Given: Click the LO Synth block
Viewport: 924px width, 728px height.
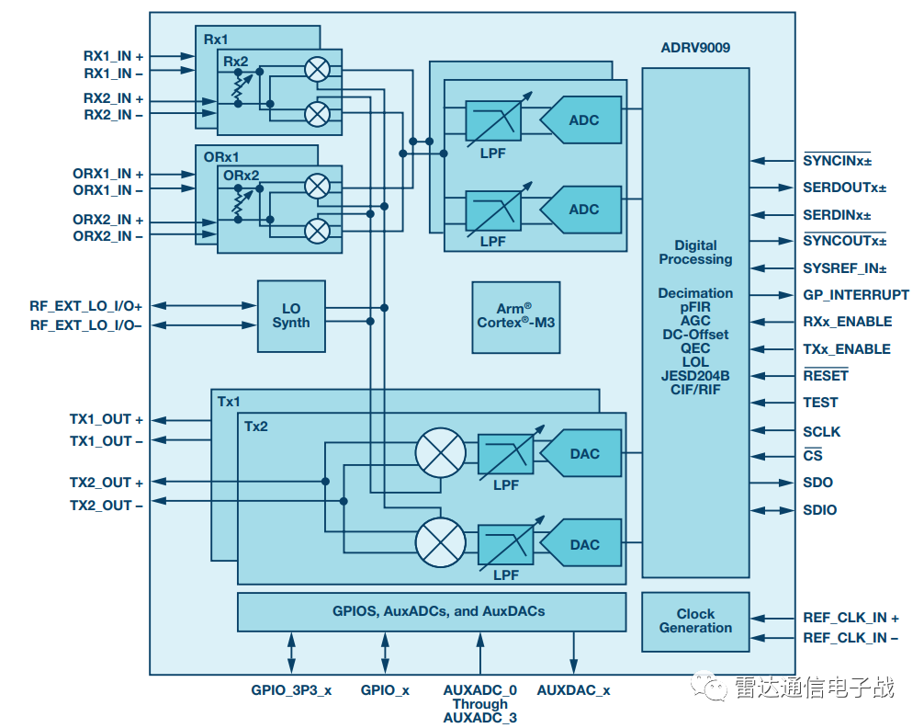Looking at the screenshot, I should click(291, 316).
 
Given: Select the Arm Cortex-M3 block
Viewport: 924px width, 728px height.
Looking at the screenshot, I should click(516, 316).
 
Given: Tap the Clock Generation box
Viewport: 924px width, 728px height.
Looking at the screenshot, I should click(695, 621).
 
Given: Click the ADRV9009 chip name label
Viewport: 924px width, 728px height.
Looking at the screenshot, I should click(695, 47).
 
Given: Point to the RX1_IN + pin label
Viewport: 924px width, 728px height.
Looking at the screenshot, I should click(113, 56).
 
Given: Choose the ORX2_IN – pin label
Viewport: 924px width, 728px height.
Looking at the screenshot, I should click(107, 236).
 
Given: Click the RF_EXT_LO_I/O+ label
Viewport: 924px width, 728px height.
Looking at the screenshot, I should click(86, 305).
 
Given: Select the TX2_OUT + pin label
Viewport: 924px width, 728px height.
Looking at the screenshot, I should click(107, 483).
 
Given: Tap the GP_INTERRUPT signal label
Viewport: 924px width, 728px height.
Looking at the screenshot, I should click(856, 295).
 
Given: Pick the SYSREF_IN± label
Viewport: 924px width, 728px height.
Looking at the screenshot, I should click(844, 268).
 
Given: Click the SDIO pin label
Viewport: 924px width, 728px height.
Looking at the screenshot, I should click(820, 510).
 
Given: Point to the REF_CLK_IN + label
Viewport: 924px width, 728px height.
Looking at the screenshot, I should click(851, 619).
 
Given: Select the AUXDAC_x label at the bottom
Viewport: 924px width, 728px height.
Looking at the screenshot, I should click(573, 690).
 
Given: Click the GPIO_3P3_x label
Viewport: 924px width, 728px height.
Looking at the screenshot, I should click(291, 690).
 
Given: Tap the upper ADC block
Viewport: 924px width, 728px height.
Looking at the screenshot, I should click(581, 121).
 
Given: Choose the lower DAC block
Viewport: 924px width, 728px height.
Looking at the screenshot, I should click(582, 544).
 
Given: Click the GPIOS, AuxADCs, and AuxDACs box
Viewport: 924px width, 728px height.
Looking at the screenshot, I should click(431, 611).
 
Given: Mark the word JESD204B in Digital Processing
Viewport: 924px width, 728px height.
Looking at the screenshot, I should click(695, 376).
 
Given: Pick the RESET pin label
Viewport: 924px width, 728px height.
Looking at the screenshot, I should click(826, 376).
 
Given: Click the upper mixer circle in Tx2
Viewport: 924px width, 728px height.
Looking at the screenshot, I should click(441, 453).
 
